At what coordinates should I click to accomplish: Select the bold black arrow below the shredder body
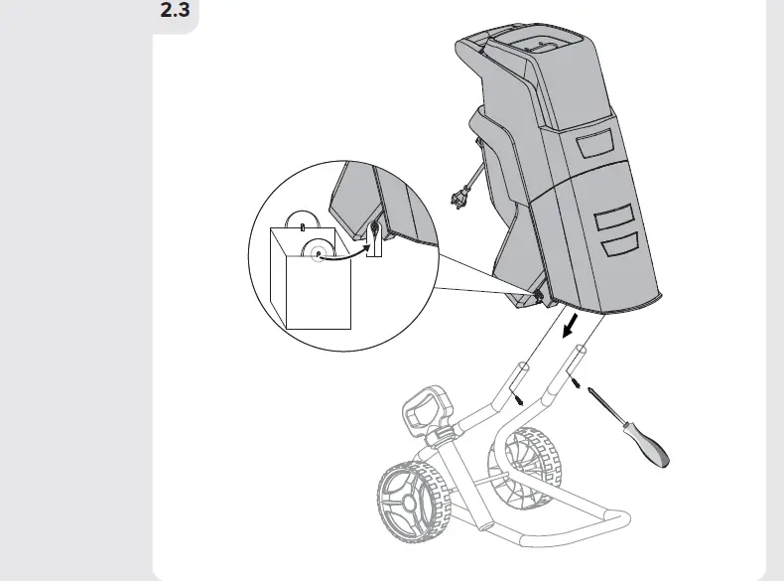(x=570, y=327)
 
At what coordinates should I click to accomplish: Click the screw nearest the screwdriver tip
(x=578, y=383)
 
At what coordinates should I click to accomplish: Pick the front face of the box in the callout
(x=318, y=293)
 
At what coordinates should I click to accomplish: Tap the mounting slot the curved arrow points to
(x=373, y=236)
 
